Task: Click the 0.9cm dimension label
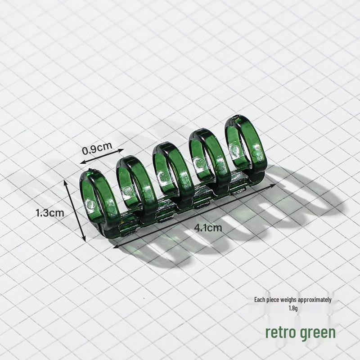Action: pyautogui.click(x=97, y=148)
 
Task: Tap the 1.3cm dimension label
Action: pyautogui.click(x=50, y=213)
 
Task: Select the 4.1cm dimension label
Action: pyautogui.click(x=208, y=228)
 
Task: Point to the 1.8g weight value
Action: pyautogui.click(x=293, y=308)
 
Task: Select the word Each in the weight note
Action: pyautogui.click(x=260, y=300)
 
